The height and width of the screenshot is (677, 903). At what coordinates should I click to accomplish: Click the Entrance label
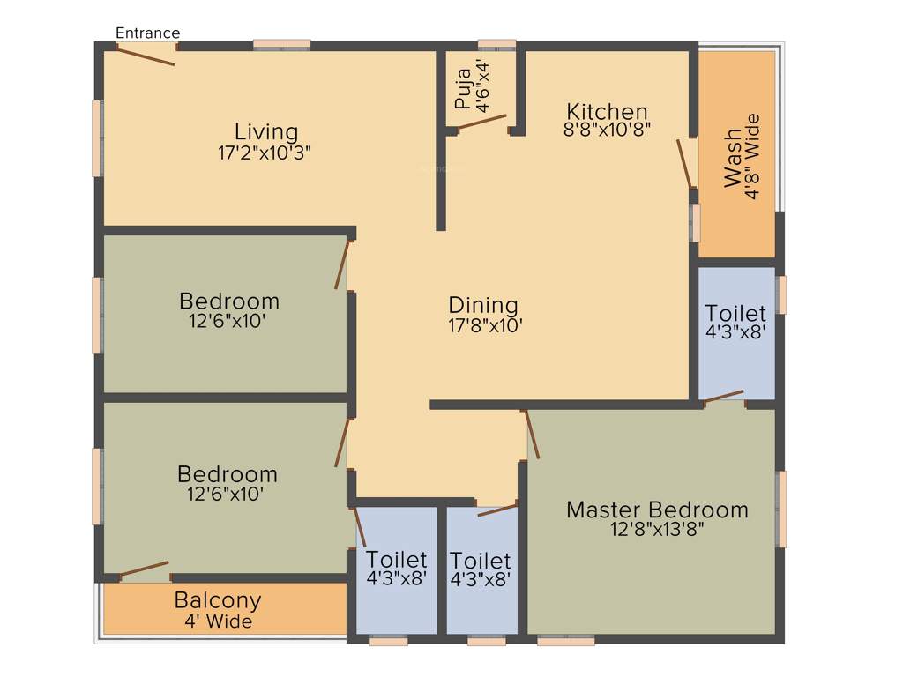click(x=147, y=33)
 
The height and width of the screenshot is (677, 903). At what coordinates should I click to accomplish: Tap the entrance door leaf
click(x=146, y=55)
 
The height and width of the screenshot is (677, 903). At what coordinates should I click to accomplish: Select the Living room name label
click(x=265, y=132)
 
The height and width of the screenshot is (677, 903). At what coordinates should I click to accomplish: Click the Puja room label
click(x=463, y=90)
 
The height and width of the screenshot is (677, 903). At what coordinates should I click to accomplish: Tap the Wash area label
click(x=733, y=159)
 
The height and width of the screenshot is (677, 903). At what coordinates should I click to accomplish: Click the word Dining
click(x=483, y=305)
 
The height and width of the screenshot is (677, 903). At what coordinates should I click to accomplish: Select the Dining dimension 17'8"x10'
click(x=485, y=324)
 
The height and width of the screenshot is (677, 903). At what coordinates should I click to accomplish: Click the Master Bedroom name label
click(x=657, y=510)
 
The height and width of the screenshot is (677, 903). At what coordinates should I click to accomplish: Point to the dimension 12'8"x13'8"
click(x=657, y=529)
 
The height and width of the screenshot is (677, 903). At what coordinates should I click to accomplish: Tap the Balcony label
click(x=218, y=600)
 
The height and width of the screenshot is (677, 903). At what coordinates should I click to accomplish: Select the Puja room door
click(x=481, y=123)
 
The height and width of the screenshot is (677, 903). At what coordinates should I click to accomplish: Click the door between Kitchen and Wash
click(x=684, y=163)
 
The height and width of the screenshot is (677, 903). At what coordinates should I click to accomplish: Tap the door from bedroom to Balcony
click(x=144, y=569)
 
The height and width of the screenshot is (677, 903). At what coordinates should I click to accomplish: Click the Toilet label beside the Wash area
click(x=735, y=313)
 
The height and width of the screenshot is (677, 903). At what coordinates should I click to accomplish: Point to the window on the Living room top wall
click(x=282, y=44)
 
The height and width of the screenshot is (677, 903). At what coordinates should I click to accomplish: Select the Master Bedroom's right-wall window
click(x=781, y=509)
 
